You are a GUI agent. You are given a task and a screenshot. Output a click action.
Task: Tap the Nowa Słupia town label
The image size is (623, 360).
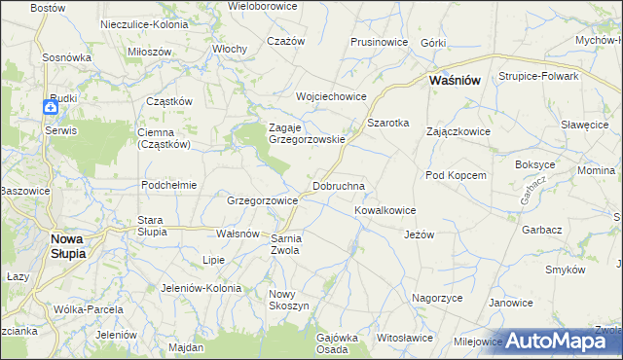(61, 245)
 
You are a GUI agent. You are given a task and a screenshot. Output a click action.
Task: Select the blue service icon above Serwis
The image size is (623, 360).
(52, 109)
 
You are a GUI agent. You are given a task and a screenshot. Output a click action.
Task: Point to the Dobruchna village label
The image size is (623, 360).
(339, 185)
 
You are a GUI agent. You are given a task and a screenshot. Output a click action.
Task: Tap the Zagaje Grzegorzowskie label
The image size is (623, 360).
(307, 132)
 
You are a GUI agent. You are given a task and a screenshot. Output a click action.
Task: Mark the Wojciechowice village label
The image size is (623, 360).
(331, 96)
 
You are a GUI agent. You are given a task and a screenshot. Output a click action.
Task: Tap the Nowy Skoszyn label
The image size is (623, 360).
(288, 300)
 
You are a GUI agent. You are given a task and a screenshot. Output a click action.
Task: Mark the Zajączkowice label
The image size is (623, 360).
(460, 131)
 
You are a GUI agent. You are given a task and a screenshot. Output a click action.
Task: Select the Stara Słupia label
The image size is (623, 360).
(152, 226)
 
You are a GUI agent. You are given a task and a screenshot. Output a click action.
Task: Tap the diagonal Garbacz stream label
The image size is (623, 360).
(528, 190)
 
